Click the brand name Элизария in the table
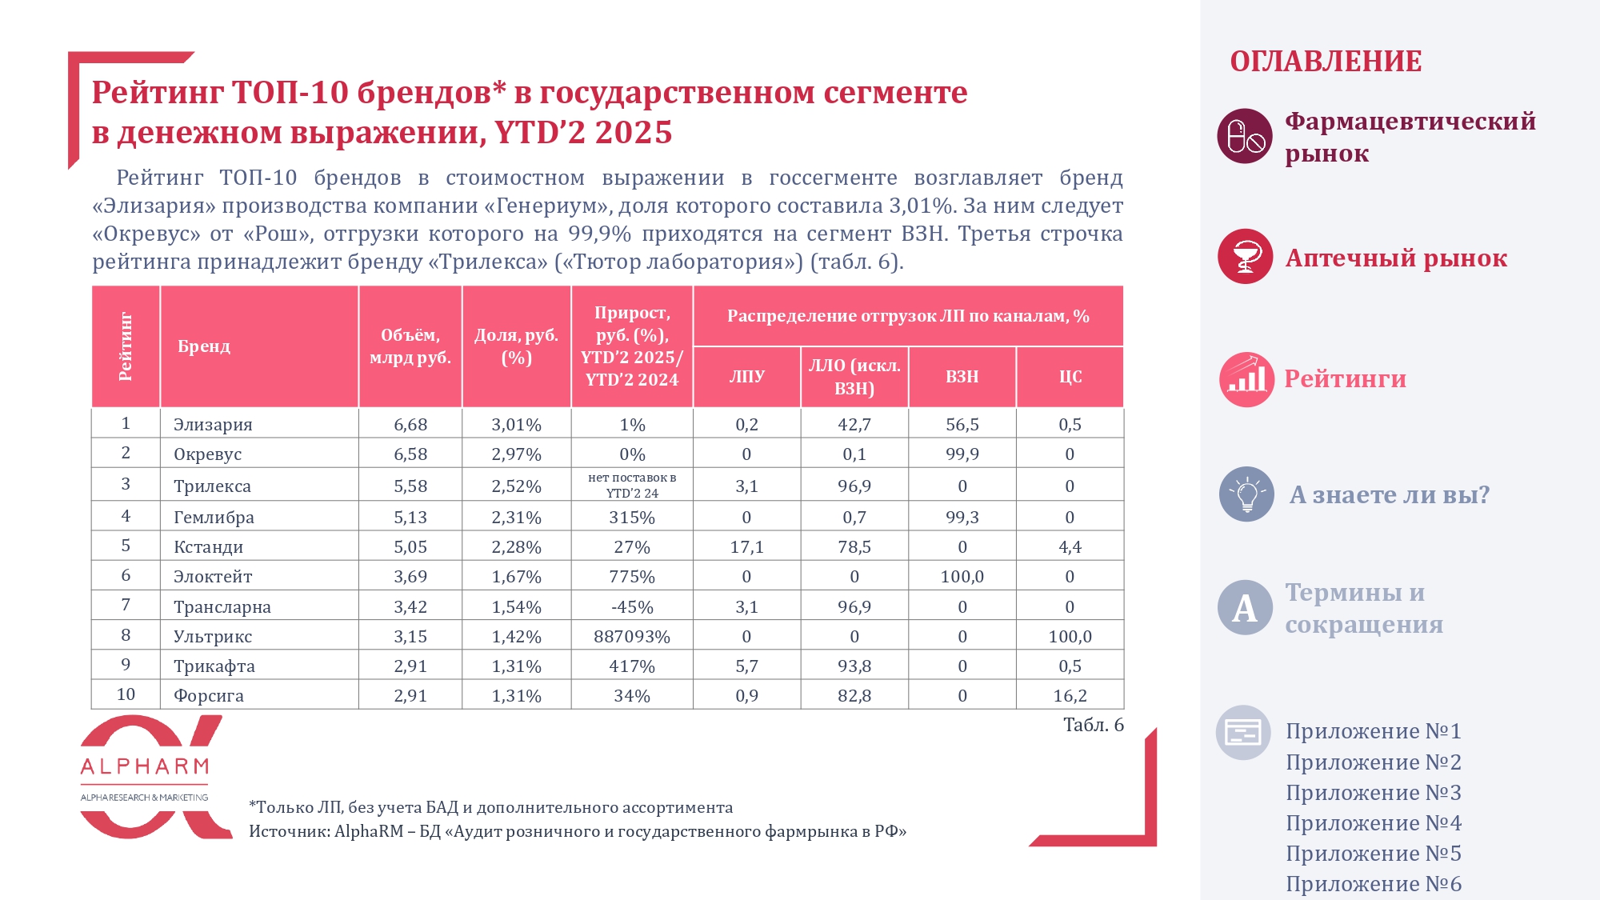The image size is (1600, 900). coord(213,425)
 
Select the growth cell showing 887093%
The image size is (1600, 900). coord(631,637)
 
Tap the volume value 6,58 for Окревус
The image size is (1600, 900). coord(410,454)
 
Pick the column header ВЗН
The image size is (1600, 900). coord(962,377)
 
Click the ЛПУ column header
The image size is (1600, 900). coord(746,377)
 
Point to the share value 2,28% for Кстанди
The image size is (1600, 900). coord(516,547)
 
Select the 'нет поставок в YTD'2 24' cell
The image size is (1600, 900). coord(631,486)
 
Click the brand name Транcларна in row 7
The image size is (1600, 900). coord(222,607)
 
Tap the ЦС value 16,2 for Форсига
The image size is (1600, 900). coord(1070,696)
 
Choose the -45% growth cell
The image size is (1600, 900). coord(631,607)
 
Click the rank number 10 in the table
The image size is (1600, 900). coord(126,694)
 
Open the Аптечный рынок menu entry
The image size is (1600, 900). coord(1395,258)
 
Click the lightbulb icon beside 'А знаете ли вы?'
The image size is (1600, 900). coord(1246,494)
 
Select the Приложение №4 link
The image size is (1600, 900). coord(1373,823)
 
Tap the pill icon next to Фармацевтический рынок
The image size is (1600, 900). coord(1245,136)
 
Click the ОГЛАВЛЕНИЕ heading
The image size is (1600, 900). coord(1326,62)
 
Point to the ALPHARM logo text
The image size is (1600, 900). coord(145,767)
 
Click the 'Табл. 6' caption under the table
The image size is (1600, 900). coord(1093,725)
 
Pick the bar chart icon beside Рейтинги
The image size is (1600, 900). coord(1246,379)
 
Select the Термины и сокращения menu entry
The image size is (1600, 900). coord(1363,608)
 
